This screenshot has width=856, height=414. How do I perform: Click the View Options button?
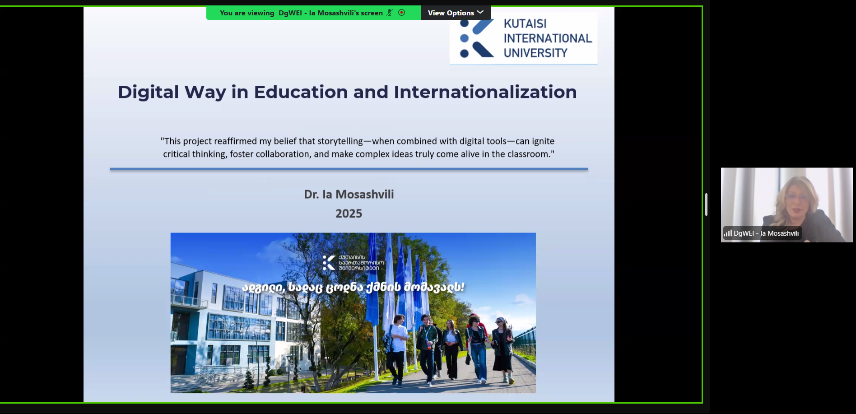456,13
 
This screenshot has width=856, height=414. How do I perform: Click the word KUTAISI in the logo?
525,23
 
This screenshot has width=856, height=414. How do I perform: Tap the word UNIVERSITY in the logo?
535,53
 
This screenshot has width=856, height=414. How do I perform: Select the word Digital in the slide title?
148,93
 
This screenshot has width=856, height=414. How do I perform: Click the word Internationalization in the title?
485,92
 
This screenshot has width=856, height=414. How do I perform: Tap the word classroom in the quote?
528,154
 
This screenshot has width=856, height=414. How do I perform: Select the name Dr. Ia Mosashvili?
349,194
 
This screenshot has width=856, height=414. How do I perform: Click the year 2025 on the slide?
349,214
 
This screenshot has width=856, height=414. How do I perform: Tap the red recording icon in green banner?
401,13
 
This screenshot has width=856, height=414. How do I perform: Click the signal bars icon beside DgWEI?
728,233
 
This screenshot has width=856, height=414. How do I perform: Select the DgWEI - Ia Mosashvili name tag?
762,233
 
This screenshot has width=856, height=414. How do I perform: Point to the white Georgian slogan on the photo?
353,287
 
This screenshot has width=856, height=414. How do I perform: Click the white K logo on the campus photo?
329,263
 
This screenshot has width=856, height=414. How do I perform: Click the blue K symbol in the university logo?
476,38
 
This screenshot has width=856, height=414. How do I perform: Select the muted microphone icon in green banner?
390,13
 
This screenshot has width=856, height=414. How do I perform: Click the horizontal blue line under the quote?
349,169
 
